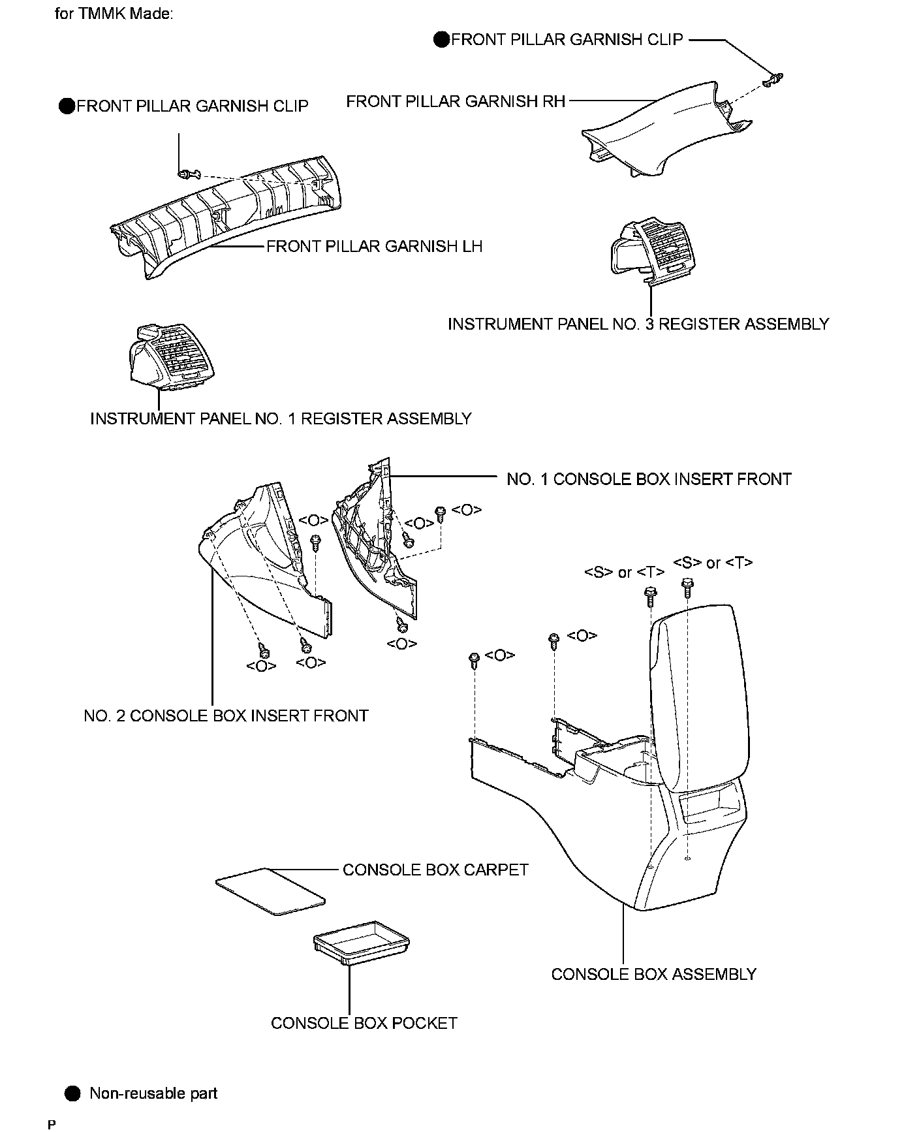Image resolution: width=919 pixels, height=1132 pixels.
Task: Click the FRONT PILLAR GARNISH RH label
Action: tap(456, 102)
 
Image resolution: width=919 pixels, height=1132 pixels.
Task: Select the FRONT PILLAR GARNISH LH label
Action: tap(374, 246)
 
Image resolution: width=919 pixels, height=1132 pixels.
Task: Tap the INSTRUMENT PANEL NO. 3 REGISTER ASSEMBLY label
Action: tap(638, 324)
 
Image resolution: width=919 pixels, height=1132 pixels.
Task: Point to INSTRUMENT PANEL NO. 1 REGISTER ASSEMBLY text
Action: tap(281, 418)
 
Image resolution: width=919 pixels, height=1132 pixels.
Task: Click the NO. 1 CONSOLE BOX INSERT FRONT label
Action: tap(649, 479)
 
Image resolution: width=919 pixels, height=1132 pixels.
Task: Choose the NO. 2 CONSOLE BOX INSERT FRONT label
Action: tap(226, 715)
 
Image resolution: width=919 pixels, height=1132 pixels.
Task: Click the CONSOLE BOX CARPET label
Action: tap(435, 870)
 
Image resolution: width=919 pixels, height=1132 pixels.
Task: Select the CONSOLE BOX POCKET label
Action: tap(364, 1023)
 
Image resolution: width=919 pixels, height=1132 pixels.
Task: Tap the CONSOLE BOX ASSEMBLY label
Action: tap(653, 974)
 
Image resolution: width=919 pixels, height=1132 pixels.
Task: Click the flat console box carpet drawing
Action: tap(270, 890)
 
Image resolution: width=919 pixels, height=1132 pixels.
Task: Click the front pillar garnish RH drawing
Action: tap(659, 131)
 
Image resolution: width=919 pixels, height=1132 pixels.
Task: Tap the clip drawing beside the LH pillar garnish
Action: tap(186, 174)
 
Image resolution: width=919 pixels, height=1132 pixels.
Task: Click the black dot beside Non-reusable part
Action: tap(72, 1093)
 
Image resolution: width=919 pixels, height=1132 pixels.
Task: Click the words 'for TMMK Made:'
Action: tap(114, 14)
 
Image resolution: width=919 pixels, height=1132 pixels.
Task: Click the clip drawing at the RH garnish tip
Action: tap(772, 81)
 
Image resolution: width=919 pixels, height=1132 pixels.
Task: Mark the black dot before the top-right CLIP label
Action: tap(442, 40)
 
